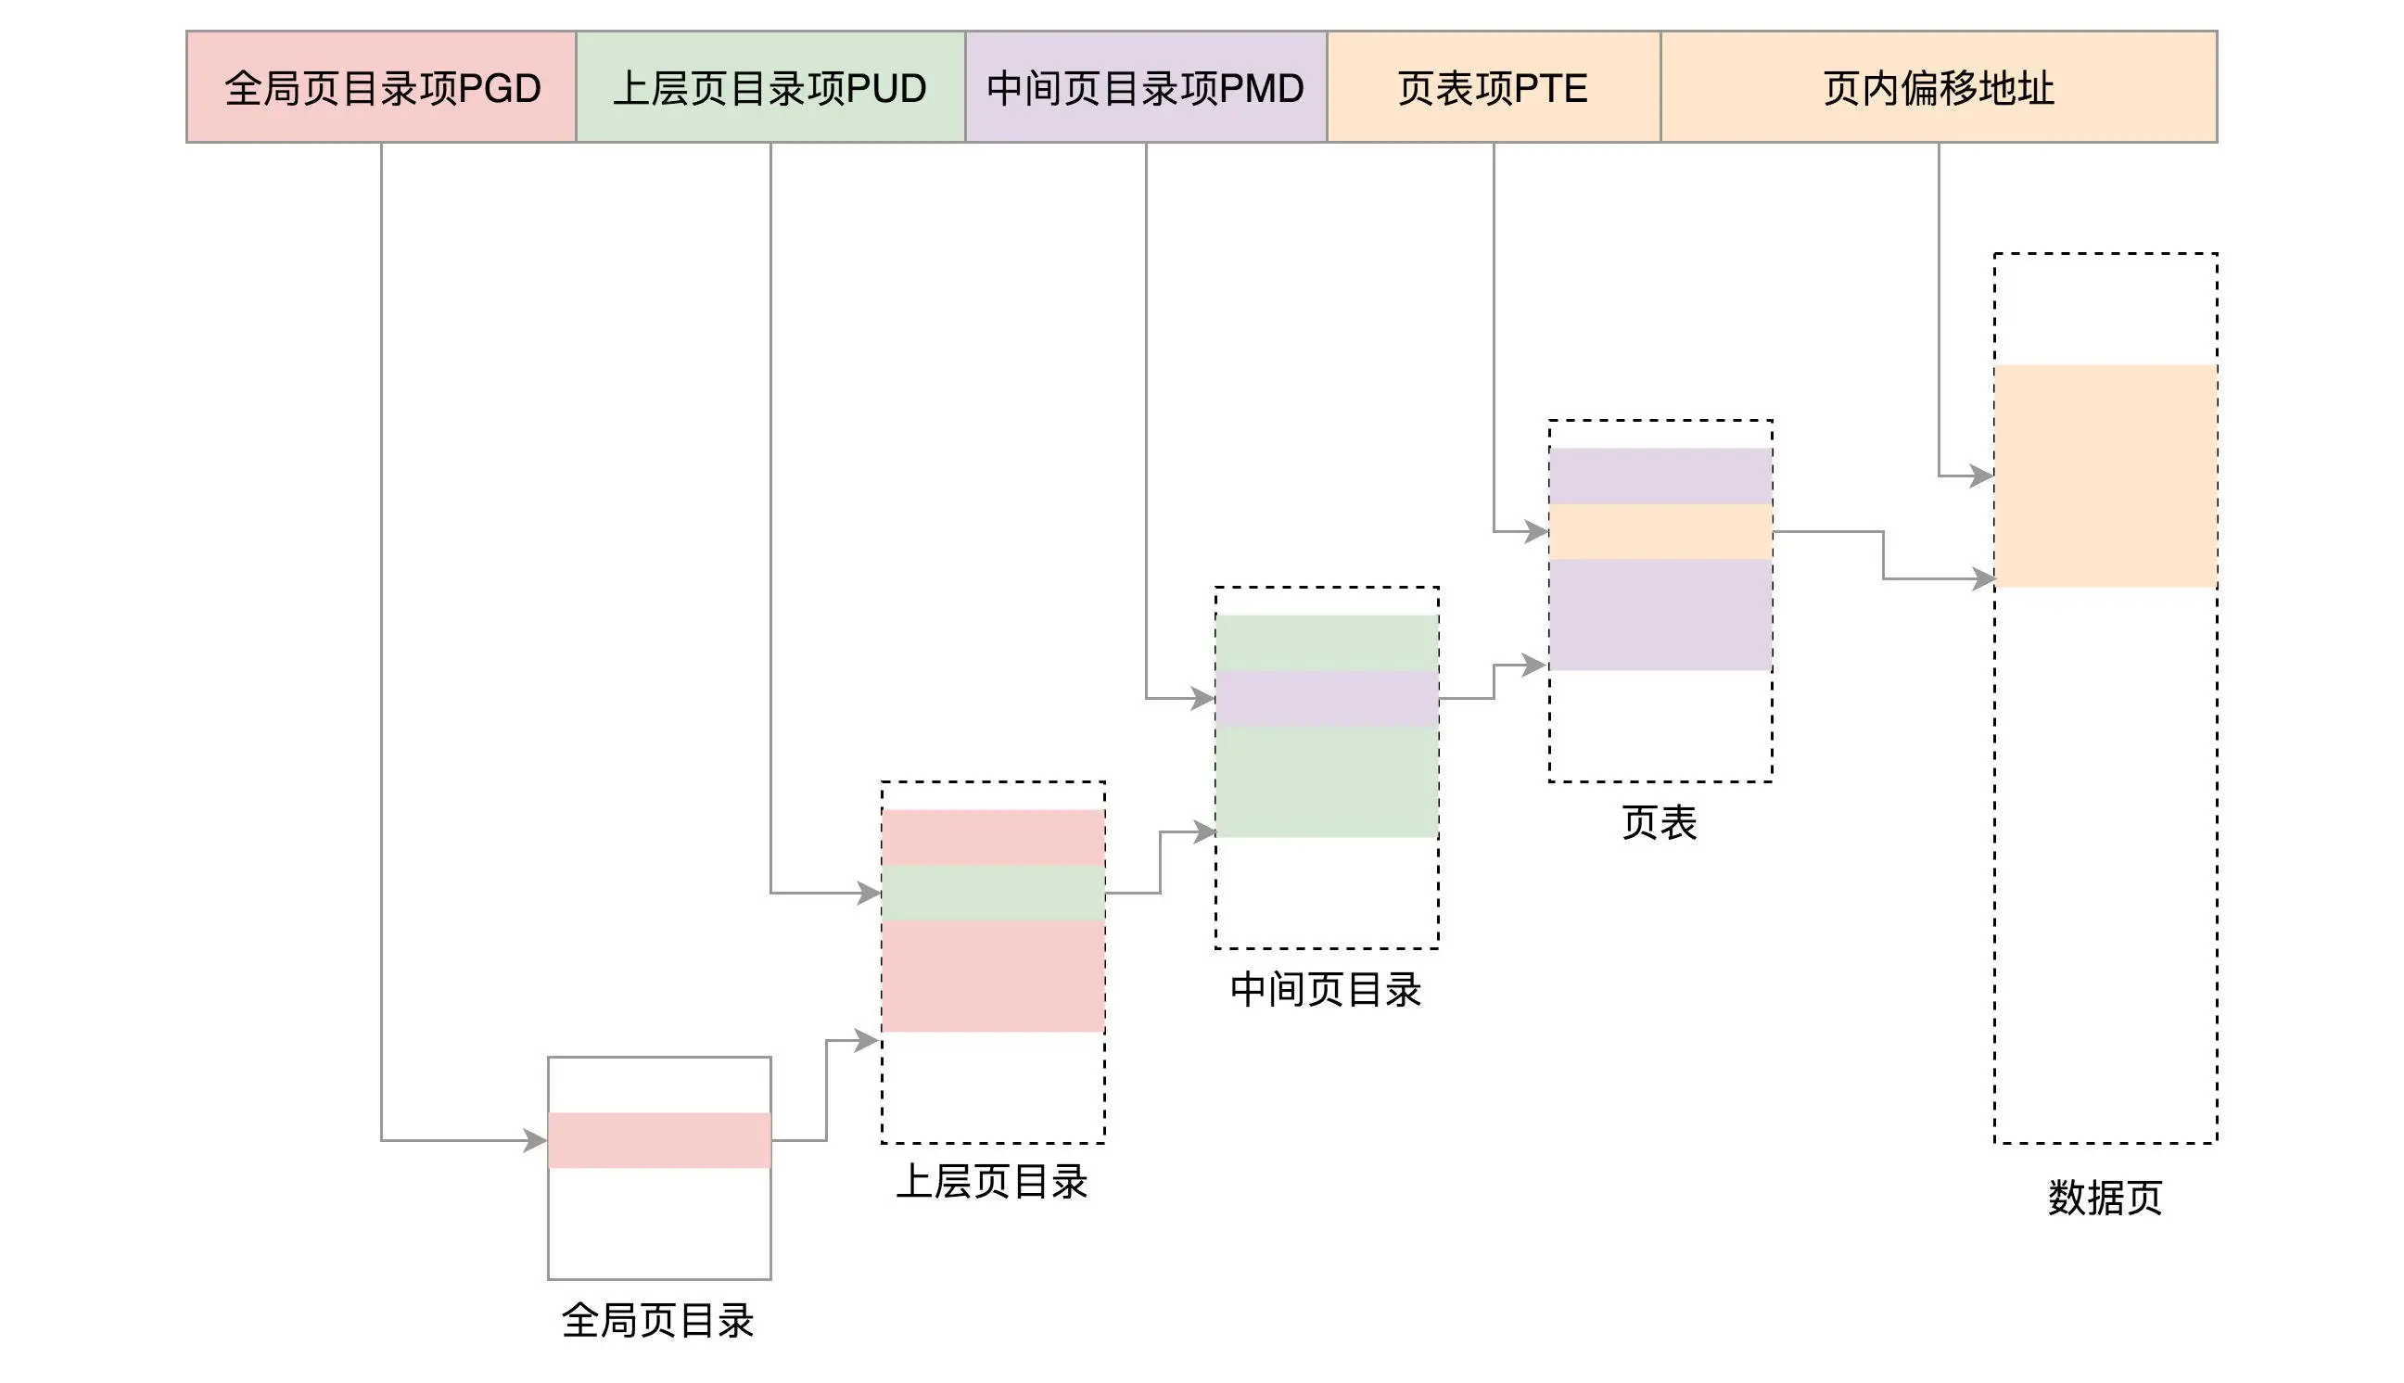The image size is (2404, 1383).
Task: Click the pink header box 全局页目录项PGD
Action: pos(381,87)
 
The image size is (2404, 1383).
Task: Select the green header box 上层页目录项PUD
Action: pos(770,87)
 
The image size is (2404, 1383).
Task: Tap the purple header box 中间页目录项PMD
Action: pos(1145,87)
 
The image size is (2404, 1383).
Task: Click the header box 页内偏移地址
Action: pos(1938,87)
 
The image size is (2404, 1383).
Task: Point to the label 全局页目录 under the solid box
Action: pos(657,1320)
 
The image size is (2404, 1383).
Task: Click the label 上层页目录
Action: pos(992,1183)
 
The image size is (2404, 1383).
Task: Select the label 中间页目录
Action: pos(1325,990)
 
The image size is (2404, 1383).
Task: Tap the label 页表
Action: pos(1659,822)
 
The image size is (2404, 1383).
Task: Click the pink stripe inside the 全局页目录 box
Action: pos(658,1140)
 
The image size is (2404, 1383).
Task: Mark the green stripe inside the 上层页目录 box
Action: pos(993,893)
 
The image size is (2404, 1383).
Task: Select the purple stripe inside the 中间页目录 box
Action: pos(1326,698)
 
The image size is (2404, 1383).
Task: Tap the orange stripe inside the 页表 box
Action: pos(1660,532)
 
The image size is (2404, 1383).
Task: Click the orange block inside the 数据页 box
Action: pos(2105,475)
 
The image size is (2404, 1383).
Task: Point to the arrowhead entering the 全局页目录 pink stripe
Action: pos(536,1140)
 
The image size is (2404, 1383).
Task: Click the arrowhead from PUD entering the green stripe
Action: pos(869,893)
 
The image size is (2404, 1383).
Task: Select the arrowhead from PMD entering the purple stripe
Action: pos(1203,698)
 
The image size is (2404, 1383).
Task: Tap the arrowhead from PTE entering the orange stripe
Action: pos(1537,532)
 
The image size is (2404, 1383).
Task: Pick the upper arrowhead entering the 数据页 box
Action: pos(1981,475)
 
